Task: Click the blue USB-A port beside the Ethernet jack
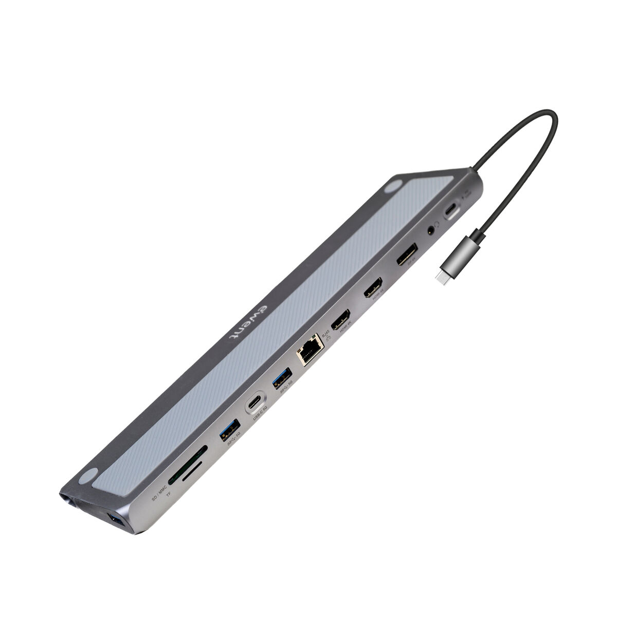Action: point(282,378)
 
